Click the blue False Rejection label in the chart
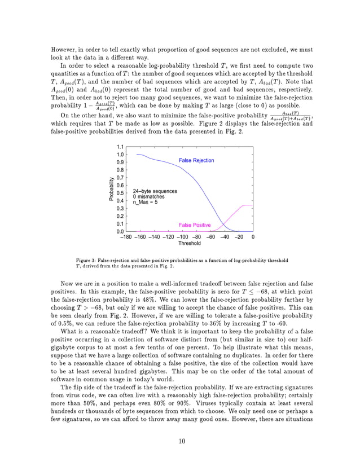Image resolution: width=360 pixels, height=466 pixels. tap(196, 161)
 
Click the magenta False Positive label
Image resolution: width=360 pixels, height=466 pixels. tap(195, 225)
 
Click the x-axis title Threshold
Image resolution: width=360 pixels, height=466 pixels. tap(189, 244)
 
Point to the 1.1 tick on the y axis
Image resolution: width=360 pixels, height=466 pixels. tap(120, 147)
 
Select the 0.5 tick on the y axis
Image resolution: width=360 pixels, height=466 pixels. tap(120, 193)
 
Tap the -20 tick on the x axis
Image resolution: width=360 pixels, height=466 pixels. tap(239, 238)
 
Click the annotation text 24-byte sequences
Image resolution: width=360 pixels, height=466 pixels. tap(155, 191)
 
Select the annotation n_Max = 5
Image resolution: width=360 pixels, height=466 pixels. tap(146, 203)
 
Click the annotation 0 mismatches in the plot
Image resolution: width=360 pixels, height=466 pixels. tap(149, 197)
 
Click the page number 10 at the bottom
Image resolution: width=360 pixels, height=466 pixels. tap(180, 441)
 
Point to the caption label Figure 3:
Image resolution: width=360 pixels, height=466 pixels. tap(87, 261)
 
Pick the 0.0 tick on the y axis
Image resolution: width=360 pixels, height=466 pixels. tap(120, 231)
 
